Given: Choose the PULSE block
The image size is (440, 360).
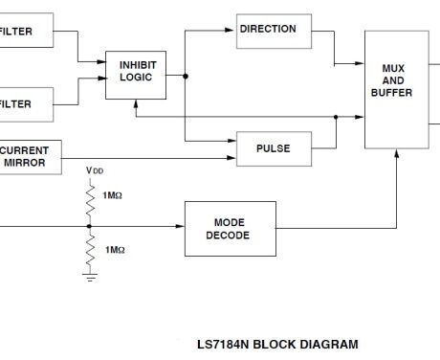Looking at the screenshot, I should pyautogui.click(x=274, y=147).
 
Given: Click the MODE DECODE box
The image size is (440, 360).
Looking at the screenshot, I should pyautogui.click(x=230, y=229).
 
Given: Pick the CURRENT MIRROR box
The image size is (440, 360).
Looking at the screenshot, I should pyautogui.click(x=29, y=157).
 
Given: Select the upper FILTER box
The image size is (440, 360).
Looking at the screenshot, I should pyautogui.click(x=25, y=31).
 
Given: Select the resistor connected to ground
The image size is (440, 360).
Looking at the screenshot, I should pyautogui.click(x=90, y=251).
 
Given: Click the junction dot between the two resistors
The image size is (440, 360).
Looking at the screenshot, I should pyautogui.click(x=89, y=227).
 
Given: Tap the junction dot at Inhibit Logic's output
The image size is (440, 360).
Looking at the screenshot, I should pyautogui.click(x=186, y=76).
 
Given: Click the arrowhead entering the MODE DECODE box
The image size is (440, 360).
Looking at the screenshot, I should pyautogui.click(x=182, y=227).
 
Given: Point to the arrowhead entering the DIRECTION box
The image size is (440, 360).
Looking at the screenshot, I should pyautogui.click(x=231, y=30).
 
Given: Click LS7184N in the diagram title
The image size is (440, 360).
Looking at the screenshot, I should pyautogui.click(x=224, y=344).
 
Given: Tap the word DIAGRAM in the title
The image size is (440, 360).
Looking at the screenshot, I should pyautogui.click(x=326, y=344).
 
